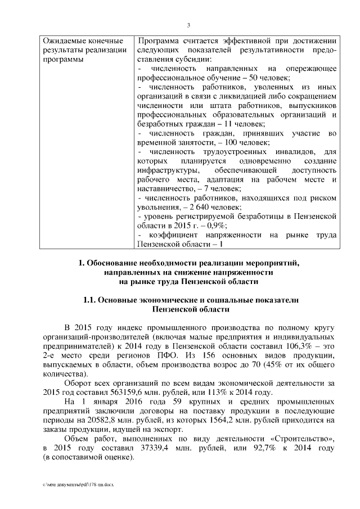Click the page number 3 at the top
(188, 25)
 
